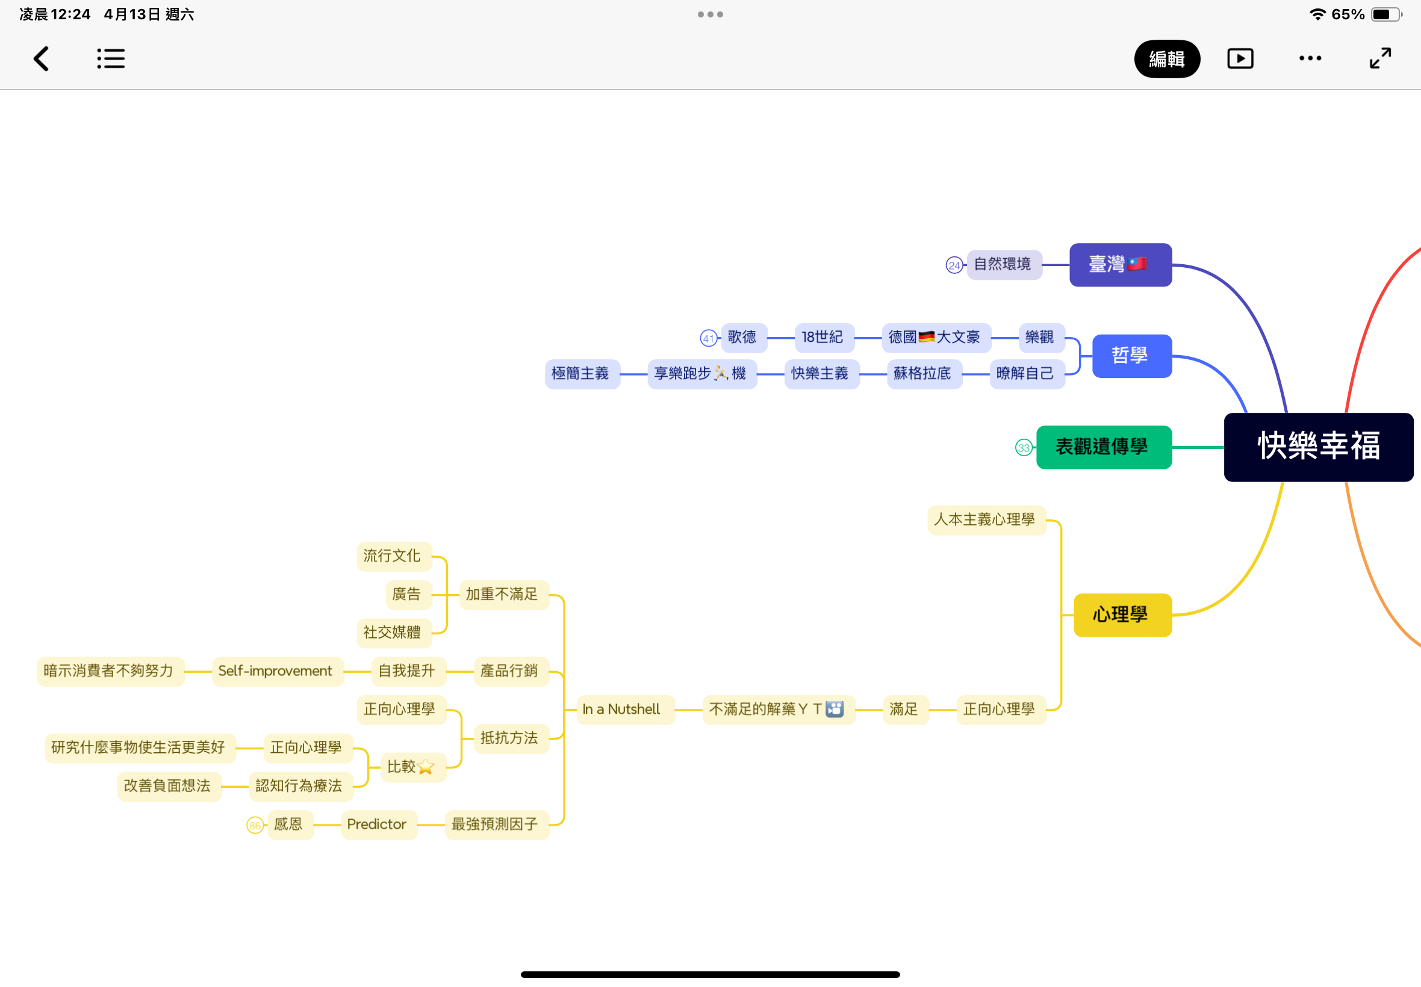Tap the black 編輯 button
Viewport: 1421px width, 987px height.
pyautogui.click(x=1167, y=59)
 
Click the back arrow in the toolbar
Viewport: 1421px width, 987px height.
pyautogui.click(x=41, y=59)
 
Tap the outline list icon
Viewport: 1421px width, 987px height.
pyautogui.click(x=111, y=59)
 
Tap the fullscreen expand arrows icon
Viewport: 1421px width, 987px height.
pyautogui.click(x=1380, y=58)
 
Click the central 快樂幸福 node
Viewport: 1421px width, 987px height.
pyautogui.click(x=1318, y=447)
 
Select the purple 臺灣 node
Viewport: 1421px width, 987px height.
pyautogui.click(x=1121, y=265)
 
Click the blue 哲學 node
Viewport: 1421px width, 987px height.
pyautogui.click(x=1131, y=356)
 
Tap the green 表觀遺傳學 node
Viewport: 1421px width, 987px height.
pyautogui.click(x=1104, y=447)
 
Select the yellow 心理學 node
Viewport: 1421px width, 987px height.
pyautogui.click(x=1122, y=614)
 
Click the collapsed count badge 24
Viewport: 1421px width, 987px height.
pyautogui.click(x=954, y=265)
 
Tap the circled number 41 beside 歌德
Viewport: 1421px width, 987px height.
pyautogui.click(x=708, y=338)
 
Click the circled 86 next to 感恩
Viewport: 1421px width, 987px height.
pyautogui.click(x=255, y=825)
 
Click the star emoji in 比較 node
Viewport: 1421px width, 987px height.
pyautogui.click(x=426, y=767)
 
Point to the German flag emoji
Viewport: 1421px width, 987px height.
pyautogui.click(x=926, y=337)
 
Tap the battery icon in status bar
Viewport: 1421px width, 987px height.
pyautogui.click(x=1386, y=14)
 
